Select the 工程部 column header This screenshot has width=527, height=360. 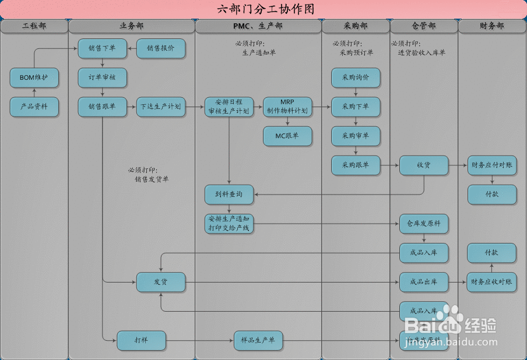point(34,26)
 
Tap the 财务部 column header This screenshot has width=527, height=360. point(492,26)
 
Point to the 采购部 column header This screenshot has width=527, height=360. point(356,26)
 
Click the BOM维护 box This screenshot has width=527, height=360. point(34,77)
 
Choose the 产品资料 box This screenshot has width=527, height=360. point(34,107)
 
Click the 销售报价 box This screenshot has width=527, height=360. point(161,48)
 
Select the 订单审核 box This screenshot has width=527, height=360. point(103,77)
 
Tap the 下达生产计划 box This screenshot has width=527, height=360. point(161,107)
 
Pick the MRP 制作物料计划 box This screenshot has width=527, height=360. point(287,107)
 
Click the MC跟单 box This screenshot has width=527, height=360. point(287,136)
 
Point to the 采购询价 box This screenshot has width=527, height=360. point(356,77)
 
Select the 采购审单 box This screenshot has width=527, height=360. point(356,136)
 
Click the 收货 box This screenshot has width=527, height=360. point(424,165)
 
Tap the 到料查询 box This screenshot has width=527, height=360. point(229,195)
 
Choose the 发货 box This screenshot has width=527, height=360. point(161,282)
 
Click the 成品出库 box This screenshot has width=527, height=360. point(424,282)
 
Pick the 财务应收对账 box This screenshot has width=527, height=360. point(492,282)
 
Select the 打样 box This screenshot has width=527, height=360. point(141,340)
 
